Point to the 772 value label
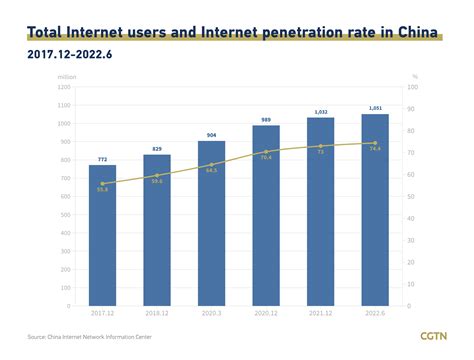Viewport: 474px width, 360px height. coord(103,158)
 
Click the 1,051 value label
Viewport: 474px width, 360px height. coord(375,108)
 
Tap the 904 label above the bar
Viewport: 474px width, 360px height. coord(212,134)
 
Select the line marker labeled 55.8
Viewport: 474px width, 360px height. coord(103,184)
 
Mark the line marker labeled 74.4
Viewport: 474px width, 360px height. coord(375,143)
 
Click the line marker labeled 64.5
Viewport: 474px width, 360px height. coord(212,165)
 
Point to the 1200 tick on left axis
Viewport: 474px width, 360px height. coord(65,87)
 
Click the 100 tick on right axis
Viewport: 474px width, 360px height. coord(413,87)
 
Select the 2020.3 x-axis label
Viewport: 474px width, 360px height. coord(212,313)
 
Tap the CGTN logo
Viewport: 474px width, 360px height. coord(433,336)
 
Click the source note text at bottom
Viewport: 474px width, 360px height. coord(90,337)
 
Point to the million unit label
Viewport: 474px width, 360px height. coord(67,76)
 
